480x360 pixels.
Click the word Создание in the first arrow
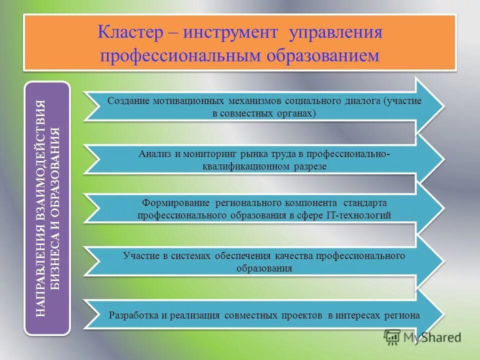[129, 101]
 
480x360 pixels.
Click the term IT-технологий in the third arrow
[358, 215]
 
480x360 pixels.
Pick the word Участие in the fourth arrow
[140, 256]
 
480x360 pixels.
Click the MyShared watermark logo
[422, 337]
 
